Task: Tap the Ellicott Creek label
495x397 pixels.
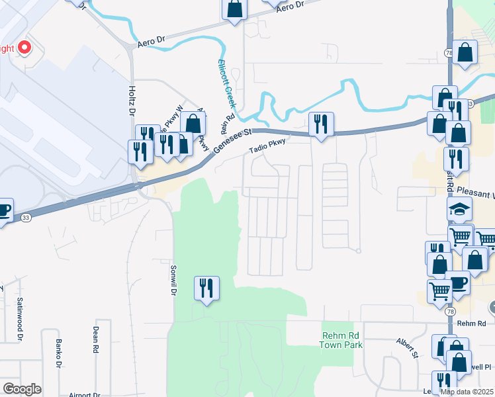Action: [x=227, y=85]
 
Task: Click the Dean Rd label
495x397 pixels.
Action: [x=96, y=339]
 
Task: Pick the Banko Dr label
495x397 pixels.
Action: [x=58, y=354]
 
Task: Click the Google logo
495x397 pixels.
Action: [x=22, y=389]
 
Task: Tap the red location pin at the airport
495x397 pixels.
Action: [x=24, y=48]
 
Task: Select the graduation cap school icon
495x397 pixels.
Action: [x=458, y=208]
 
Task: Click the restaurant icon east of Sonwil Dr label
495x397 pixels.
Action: [x=206, y=288]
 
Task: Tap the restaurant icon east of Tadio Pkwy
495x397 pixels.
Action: [x=321, y=122]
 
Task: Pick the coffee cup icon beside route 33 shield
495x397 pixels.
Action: [x=3, y=210]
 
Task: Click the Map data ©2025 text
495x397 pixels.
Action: [x=467, y=392]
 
